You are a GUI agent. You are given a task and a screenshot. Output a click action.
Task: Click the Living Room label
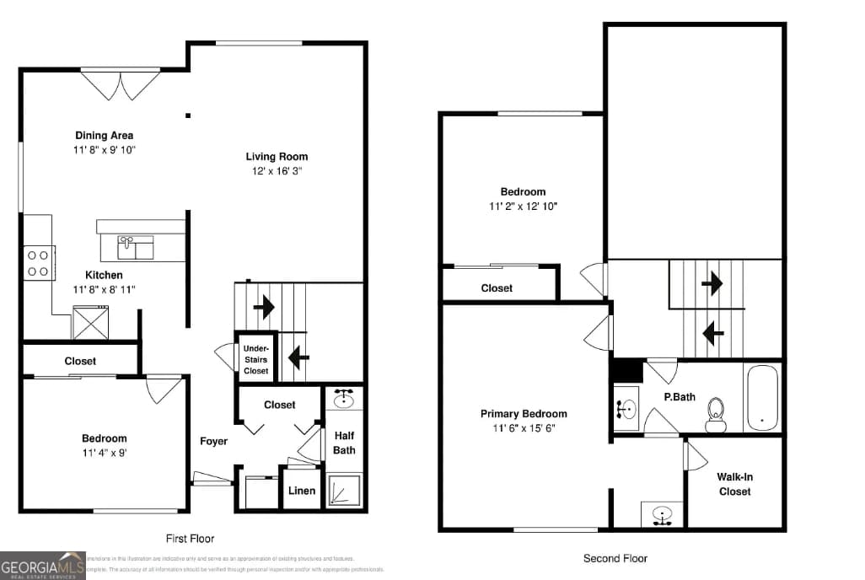click(277, 156)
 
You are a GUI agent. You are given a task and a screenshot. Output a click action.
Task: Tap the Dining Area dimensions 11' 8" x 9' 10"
click(104, 149)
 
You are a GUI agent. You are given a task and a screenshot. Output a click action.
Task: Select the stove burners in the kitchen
click(38, 262)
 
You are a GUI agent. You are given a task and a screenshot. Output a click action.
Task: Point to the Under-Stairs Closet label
click(255, 359)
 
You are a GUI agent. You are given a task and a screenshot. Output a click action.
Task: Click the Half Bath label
click(344, 443)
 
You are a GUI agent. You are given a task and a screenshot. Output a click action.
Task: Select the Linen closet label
click(302, 491)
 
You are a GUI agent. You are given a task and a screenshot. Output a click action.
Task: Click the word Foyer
click(213, 441)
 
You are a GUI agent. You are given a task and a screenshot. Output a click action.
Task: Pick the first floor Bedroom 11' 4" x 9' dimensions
click(104, 452)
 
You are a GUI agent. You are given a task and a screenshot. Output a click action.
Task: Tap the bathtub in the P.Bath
click(762, 397)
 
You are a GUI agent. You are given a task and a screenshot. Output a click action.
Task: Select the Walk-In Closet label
click(734, 484)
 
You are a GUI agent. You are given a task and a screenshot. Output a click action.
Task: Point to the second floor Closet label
click(497, 287)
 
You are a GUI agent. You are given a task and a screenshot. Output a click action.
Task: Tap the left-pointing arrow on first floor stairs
click(298, 357)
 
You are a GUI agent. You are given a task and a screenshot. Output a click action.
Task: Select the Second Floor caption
click(615, 558)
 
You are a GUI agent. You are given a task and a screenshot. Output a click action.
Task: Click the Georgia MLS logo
click(42, 565)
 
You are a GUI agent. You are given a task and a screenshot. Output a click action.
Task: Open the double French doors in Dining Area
click(121, 83)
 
